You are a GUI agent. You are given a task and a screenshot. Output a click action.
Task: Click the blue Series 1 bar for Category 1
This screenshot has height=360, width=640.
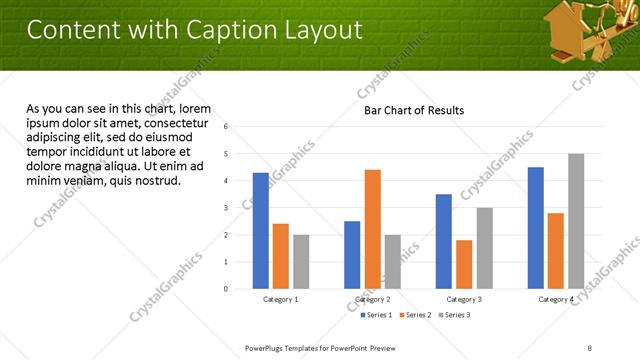(x=261, y=231)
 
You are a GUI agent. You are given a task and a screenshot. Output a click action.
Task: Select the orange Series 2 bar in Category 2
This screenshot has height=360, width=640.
(x=372, y=229)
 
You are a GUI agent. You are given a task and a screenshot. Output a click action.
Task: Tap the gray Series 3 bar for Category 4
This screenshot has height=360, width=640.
(x=576, y=221)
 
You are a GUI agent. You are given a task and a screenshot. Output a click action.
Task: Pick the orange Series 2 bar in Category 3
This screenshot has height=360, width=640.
(x=464, y=264)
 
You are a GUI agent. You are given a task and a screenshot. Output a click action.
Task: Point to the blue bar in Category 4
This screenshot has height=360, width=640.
(x=536, y=228)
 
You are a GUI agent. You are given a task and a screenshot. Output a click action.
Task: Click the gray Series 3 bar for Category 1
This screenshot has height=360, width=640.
(x=301, y=262)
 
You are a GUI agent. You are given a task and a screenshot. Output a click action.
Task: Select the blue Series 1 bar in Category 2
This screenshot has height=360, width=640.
(x=352, y=255)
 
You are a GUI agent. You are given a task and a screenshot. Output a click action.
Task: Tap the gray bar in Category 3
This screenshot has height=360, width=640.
(x=484, y=248)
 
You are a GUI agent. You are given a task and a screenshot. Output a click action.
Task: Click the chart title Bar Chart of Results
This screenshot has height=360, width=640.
(x=413, y=110)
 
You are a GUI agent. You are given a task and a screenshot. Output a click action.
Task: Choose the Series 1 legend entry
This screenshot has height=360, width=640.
(x=376, y=315)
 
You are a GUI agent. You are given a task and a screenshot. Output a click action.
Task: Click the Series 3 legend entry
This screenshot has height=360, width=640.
(x=454, y=315)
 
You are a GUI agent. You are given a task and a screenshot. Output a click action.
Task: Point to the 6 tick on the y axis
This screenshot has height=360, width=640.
(x=227, y=127)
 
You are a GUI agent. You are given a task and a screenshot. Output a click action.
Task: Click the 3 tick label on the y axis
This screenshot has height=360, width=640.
(x=227, y=208)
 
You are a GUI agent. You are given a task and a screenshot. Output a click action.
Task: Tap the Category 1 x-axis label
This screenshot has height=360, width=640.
(x=281, y=299)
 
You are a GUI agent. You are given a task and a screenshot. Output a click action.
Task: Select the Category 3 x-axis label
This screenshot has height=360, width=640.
(x=464, y=299)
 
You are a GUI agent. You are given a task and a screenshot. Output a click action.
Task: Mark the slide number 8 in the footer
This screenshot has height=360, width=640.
(x=590, y=347)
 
